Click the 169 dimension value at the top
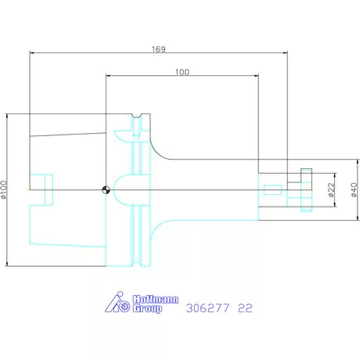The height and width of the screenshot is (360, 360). tap(159, 48)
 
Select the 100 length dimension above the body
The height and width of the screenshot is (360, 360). tap(182, 71)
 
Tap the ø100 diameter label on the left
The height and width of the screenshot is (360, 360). tap(5, 190)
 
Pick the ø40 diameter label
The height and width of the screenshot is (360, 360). tap(355, 189)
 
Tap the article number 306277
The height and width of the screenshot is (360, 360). tap(206, 308)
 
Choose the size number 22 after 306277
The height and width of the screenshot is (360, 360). tap(245, 308)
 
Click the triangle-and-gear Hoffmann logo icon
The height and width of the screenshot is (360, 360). tap(118, 303)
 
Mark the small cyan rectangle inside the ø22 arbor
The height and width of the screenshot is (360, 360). tap(272, 189)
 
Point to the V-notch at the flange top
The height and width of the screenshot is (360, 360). tap(138, 120)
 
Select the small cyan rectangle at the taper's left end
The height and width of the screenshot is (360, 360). tap(48, 189)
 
